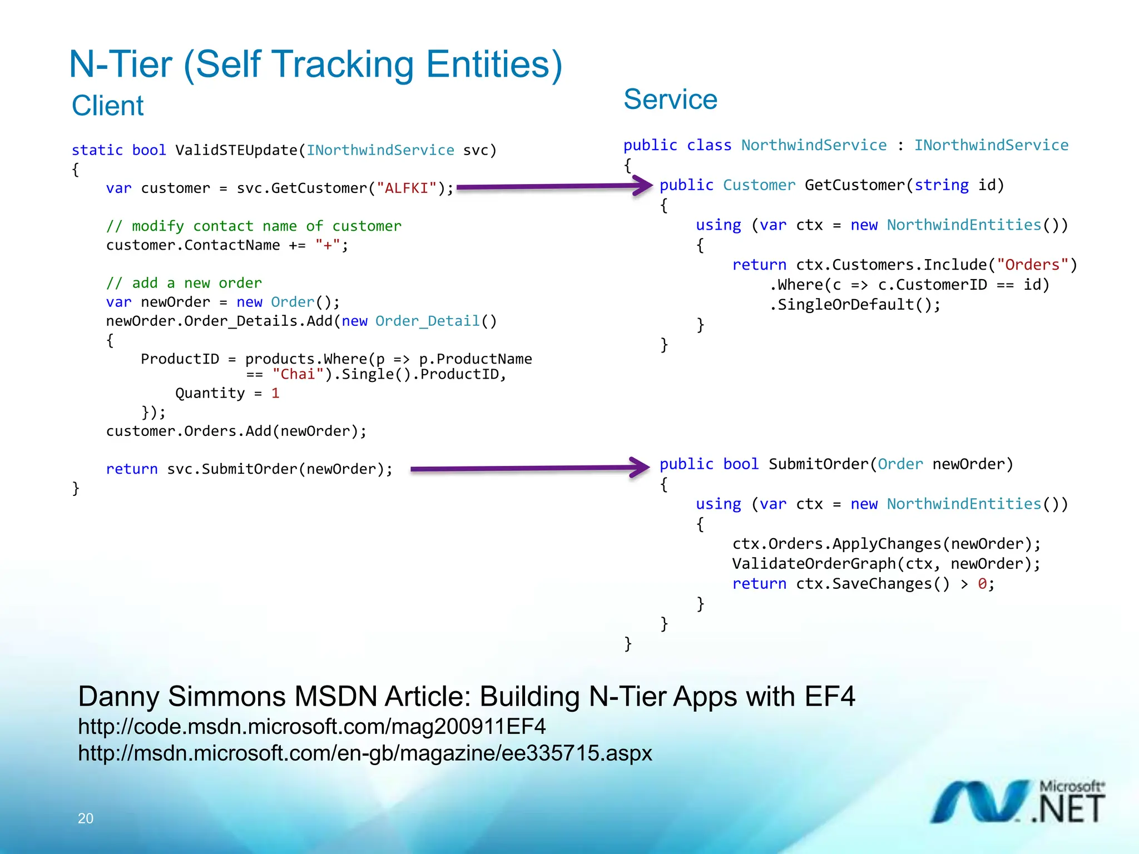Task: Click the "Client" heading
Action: tap(107, 106)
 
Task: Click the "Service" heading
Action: tap(670, 100)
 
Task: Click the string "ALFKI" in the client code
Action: tap(407, 188)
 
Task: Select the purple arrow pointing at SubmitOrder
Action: tap(528, 468)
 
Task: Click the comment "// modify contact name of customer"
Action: tap(254, 226)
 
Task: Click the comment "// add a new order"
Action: tap(184, 283)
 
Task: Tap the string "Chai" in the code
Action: tap(298, 375)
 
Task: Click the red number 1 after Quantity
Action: tap(275, 394)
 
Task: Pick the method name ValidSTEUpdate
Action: tap(236, 150)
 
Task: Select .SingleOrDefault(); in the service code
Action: tap(855, 305)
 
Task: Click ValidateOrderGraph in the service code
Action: tap(813, 564)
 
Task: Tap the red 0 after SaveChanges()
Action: tap(983, 584)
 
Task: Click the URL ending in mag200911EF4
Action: tap(311, 727)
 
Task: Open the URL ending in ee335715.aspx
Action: tap(365, 753)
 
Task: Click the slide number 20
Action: tap(86, 818)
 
